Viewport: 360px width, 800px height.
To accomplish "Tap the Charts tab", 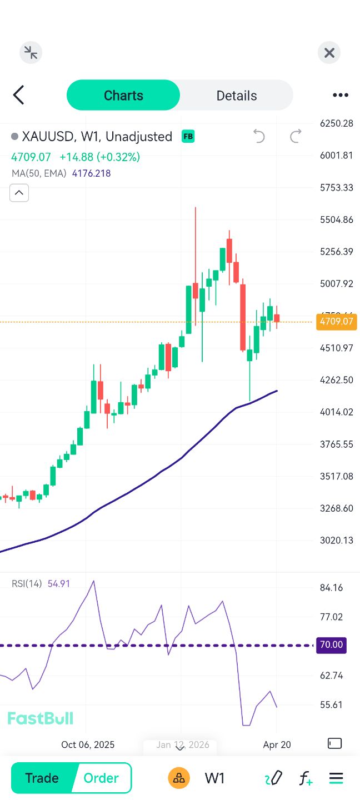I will click(x=123, y=96).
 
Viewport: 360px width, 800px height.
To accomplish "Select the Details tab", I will click(x=237, y=96).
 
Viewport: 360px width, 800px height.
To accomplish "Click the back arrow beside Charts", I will click(x=19, y=95).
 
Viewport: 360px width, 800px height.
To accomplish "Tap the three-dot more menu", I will click(x=340, y=96).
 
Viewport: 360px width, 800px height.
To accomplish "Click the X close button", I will click(x=329, y=53).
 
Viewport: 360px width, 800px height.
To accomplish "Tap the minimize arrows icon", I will click(x=31, y=53).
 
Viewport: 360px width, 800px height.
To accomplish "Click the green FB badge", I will click(x=188, y=136).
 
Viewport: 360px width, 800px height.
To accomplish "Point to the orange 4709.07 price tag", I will click(x=337, y=321).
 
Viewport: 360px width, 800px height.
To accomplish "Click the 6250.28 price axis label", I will click(x=337, y=123).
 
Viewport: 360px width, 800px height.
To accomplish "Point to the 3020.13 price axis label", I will click(x=337, y=540).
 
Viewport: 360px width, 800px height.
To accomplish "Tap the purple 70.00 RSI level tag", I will click(x=331, y=645).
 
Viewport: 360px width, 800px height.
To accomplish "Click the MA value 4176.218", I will click(x=91, y=173).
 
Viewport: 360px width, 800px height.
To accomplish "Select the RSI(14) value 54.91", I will click(x=59, y=584).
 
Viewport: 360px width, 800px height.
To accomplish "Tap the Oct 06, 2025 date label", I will click(x=88, y=744).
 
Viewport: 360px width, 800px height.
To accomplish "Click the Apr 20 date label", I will click(x=277, y=744).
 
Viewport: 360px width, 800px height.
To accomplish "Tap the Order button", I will click(x=101, y=778).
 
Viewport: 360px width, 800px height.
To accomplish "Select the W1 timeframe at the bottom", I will click(x=214, y=778).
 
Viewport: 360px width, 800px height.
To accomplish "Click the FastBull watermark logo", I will click(x=40, y=718).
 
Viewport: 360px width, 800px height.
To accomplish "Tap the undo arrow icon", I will click(x=259, y=136).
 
